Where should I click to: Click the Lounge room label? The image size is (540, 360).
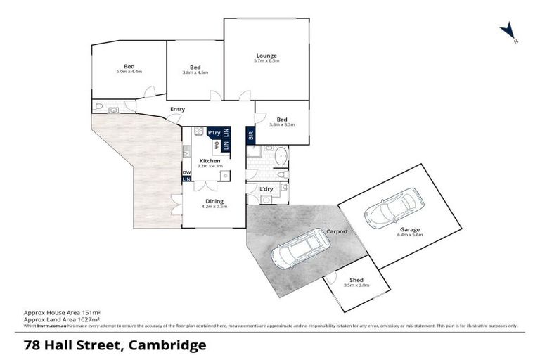click(x=266, y=56)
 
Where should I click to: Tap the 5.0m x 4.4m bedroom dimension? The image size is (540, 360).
click(x=129, y=72)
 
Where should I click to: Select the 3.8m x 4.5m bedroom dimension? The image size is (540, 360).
click(x=195, y=72)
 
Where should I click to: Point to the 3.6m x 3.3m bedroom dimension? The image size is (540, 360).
click(x=282, y=124)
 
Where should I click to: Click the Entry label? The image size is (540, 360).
click(x=177, y=109)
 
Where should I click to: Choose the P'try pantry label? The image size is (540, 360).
click(x=214, y=132)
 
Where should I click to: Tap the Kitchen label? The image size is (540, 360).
click(x=210, y=160)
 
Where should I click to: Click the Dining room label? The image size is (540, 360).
click(x=214, y=201)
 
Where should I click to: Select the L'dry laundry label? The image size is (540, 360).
click(x=266, y=189)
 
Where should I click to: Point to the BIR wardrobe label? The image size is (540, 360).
click(x=250, y=136)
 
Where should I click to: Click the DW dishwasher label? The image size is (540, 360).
click(x=186, y=172)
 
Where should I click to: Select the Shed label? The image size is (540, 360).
click(x=356, y=280)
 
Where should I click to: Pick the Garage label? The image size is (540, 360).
click(x=411, y=230)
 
